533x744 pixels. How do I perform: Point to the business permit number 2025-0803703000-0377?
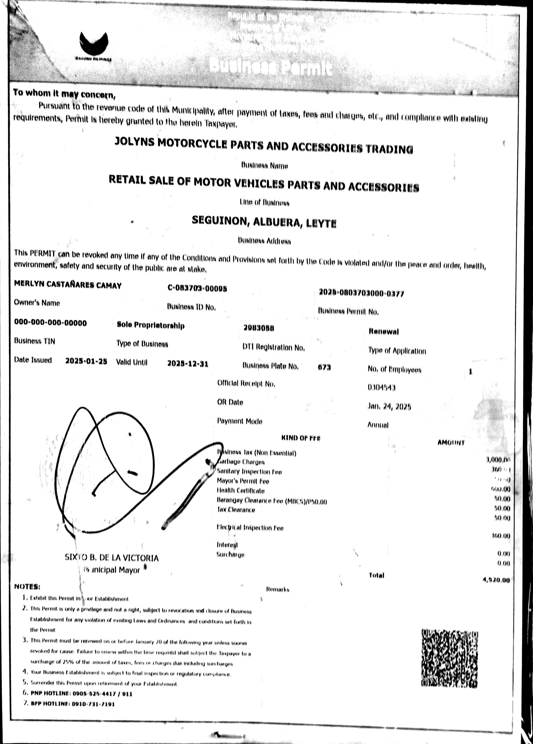tap(361, 293)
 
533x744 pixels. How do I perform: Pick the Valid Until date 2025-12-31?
tap(188, 364)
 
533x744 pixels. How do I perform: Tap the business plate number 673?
tap(324, 367)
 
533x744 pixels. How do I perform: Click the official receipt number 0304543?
tap(381, 388)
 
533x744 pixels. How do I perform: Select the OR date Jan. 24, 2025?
tap(389, 406)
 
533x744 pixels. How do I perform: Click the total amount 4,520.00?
tap(496, 580)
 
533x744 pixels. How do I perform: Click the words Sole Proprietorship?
tap(151, 325)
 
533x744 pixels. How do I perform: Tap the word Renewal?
tap(384, 332)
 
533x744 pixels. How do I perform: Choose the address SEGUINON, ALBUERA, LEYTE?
tap(264, 222)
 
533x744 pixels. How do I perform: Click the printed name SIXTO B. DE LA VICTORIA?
tap(112, 558)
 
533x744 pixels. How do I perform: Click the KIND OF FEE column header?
tap(300, 438)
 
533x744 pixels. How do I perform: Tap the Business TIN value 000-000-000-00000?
tap(51, 323)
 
